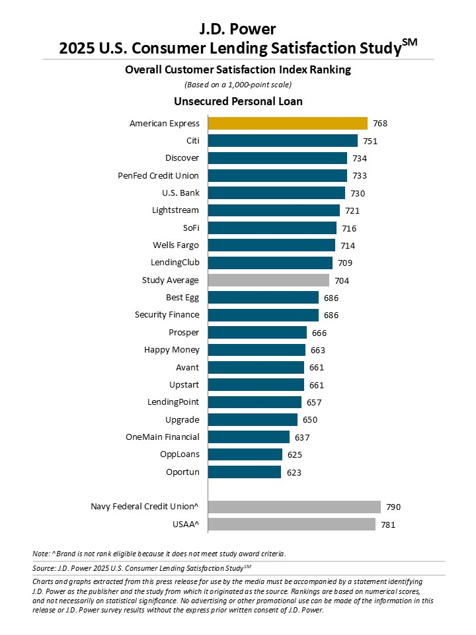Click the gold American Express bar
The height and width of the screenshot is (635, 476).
click(x=288, y=123)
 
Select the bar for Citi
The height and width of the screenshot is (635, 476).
click(x=282, y=140)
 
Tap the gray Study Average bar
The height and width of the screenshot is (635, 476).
click(x=268, y=280)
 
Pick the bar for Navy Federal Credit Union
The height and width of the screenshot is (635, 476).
click(x=294, y=507)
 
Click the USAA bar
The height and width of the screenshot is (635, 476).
click(x=292, y=525)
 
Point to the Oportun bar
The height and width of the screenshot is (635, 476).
click(x=245, y=472)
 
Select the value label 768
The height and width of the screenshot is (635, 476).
click(x=379, y=124)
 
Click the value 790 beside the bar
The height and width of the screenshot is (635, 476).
click(x=393, y=507)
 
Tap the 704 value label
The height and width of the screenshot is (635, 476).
click(x=342, y=280)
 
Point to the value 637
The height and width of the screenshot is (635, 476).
click(x=302, y=437)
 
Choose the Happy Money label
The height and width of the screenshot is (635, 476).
click(x=172, y=350)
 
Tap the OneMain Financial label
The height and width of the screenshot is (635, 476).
click(x=163, y=437)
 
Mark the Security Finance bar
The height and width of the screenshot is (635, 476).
click(x=263, y=315)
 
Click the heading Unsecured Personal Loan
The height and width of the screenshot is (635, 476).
click(x=238, y=102)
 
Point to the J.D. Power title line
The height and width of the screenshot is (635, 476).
click(x=238, y=28)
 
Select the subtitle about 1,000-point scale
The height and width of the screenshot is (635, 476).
click(x=238, y=84)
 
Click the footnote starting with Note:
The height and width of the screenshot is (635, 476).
click(x=159, y=553)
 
